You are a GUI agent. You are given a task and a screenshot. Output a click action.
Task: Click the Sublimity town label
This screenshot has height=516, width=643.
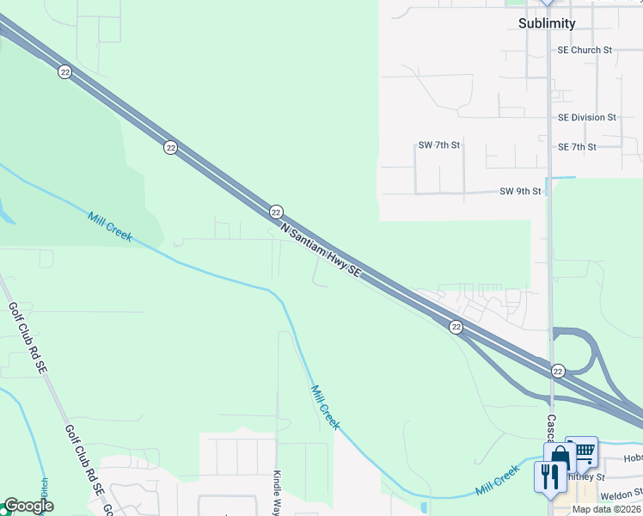click(547, 23)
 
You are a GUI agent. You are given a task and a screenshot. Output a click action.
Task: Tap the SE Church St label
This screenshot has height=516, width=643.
click(584, 50)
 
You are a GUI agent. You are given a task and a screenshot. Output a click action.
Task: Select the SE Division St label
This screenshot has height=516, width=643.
click(586, 117)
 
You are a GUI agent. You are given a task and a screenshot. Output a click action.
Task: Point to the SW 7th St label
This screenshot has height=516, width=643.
click(438, 145)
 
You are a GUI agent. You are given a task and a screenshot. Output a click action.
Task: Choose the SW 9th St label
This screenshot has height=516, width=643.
click(520, 191)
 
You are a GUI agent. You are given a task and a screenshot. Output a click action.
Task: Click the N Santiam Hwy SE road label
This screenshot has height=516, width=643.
click(321, 251)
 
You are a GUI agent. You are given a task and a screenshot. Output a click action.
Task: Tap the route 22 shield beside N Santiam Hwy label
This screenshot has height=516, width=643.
click(276, 212)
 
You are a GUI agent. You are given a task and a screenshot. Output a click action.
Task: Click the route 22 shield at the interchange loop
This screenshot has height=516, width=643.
click(558, 371)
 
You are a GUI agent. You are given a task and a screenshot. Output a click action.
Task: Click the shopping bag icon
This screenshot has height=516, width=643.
click(560, 457)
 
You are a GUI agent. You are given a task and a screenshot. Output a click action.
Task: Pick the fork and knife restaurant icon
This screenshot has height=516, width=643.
click(549, 476)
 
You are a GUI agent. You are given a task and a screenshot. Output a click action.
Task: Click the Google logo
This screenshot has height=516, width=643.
click(28, 506)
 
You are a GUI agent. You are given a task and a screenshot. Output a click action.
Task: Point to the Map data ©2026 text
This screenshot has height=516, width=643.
click(606, 509)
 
